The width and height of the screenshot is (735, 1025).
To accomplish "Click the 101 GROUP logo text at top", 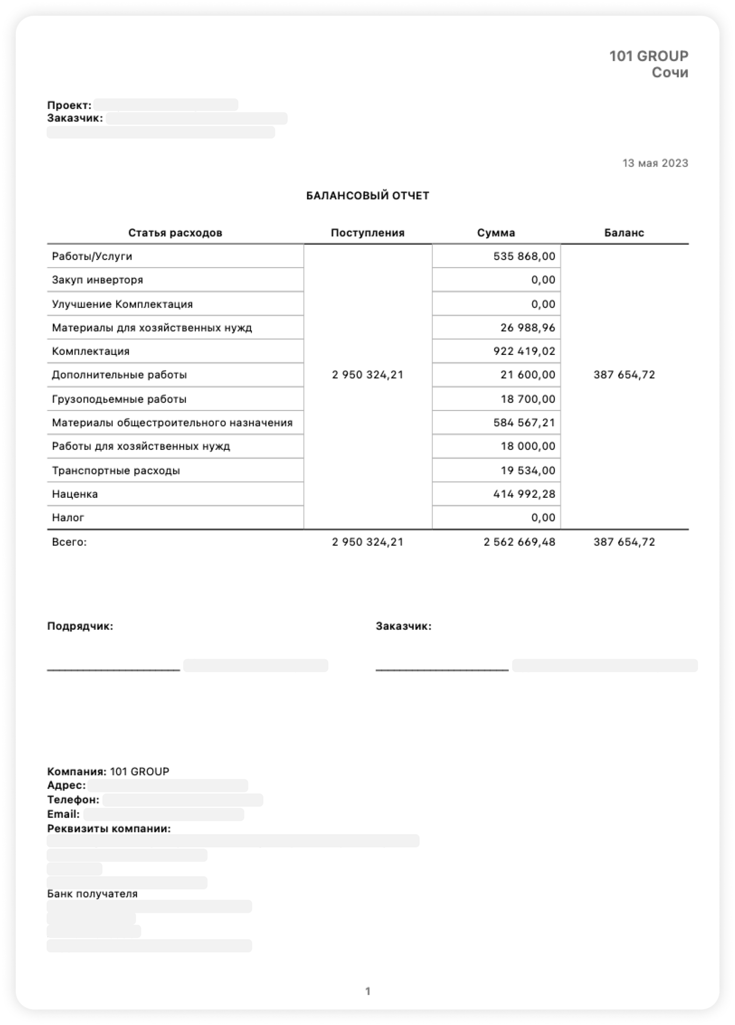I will point(648,56).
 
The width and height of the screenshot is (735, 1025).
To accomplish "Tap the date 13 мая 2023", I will point(655,163).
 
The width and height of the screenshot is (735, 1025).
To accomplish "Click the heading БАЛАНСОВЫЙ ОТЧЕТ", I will point(367,196).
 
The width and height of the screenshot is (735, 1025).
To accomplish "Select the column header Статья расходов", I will point(175,233).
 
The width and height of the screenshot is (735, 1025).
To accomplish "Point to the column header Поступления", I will point(367,233).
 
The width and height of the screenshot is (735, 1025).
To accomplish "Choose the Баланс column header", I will point(624,233).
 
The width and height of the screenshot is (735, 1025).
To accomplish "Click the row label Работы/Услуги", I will point(92,256).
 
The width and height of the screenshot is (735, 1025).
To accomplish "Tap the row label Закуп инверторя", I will point(98,280).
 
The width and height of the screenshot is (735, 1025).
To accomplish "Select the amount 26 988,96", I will point(528,328).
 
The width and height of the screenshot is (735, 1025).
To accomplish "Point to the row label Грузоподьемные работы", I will point(119,399).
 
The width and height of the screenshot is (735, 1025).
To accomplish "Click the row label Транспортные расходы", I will point(116,470).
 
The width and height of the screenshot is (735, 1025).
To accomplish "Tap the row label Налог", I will point(68,518).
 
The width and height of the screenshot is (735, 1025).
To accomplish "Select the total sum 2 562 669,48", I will point(519,542).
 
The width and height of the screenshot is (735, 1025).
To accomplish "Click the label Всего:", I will point(69,542).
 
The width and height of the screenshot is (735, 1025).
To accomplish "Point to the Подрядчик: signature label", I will point(80,626).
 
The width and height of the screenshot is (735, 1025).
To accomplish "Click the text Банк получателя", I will point(92,893).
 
